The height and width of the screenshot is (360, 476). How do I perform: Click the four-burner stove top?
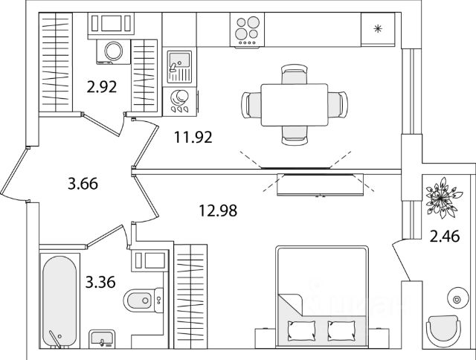pos(248,31)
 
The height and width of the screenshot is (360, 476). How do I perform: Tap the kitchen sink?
pos(178,66)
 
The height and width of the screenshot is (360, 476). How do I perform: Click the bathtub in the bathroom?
pos(59,300)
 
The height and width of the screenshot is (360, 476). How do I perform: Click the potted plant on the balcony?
pos(440,195)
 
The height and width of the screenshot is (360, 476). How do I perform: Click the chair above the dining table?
pos(295,74)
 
